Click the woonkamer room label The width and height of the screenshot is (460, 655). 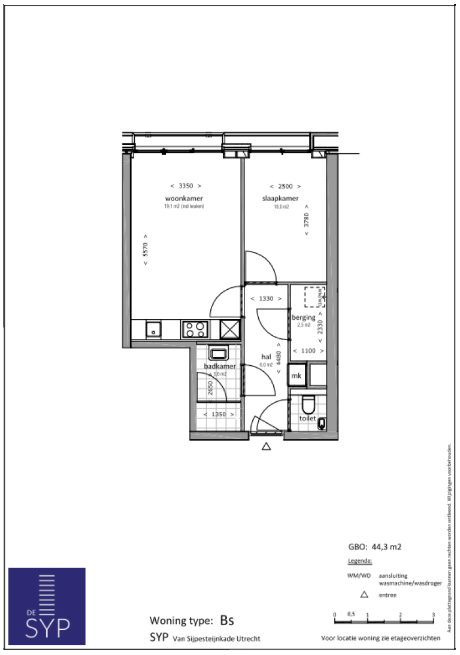pyautogui.click(x=184, y=199)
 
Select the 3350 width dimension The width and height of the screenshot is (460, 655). pyautogui.click(x=185, y=186)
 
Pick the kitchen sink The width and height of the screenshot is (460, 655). pyautogui.click(x=154, y=329)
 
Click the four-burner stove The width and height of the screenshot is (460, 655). pyautogui.click(x=195, y=329)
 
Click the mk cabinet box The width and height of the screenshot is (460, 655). pyautogui.click(x=296, y=376)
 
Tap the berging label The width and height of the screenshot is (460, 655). pyautogui.click(x=304, y=317)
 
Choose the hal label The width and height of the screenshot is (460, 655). pyautogui.click(x=266, y=356)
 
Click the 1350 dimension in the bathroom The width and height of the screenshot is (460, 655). pyautogui.click(x=216, y=414)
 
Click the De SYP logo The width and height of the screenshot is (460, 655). pyautogui.click(x=47, y=606)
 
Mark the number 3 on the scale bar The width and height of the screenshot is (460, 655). pyautogui.click(x=432, y=615)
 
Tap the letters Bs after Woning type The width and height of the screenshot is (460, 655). pyautogui.click(x=227, y=620)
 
